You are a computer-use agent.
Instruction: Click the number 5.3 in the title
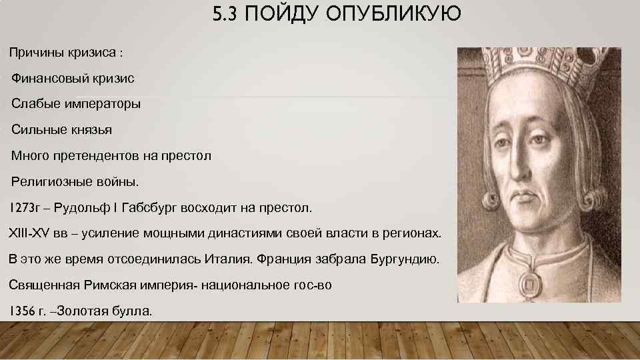coord(227,14)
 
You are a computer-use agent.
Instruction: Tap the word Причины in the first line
coord(35,52)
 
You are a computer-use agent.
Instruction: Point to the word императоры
coord(104,104)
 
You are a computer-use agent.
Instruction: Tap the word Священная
coord(44,285)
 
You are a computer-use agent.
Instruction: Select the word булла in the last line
coord(135,311)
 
